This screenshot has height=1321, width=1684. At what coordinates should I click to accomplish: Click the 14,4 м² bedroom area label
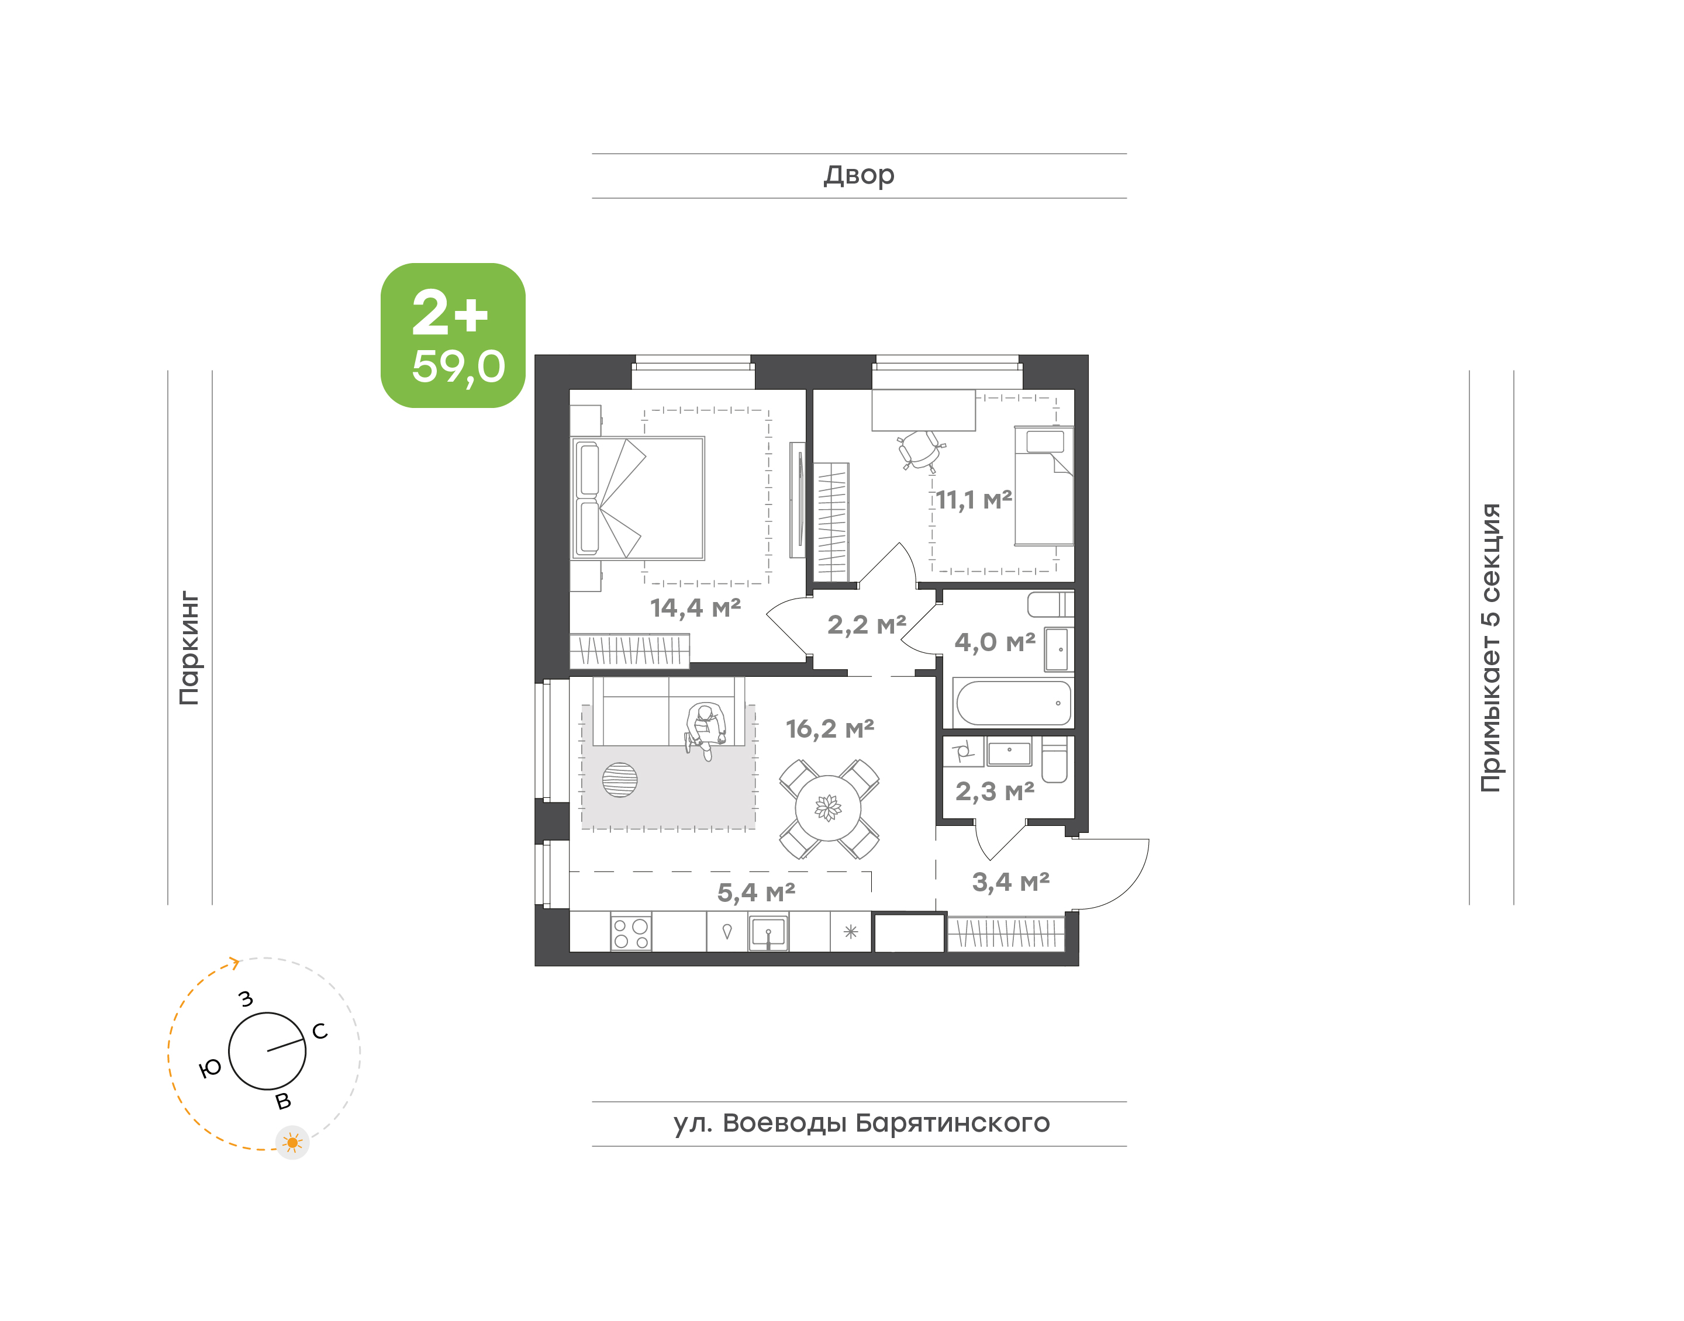click(695, 608)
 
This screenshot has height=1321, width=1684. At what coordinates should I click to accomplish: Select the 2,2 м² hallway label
click(867, 625)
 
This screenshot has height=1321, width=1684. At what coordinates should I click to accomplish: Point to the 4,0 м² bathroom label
click(994, 642)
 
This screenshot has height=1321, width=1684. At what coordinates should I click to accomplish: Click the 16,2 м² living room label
click(829, 728)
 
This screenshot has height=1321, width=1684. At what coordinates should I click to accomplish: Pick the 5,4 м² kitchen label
click(755, 893)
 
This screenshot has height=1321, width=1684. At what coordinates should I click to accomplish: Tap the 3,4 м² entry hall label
click(1010, 881)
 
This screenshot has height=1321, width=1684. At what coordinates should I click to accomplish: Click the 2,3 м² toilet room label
click(994, 791)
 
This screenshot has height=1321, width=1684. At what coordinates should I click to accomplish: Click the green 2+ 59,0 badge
click(453, 336)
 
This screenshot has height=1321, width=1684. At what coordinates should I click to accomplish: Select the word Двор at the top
click(858, 175)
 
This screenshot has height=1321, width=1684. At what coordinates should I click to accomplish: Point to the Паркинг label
click(189, 648)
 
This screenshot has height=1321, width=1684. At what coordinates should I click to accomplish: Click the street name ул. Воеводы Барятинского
click(861, 1123)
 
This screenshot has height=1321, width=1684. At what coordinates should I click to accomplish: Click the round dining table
click(829, 808)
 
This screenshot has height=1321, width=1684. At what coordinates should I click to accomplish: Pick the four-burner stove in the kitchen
click(630, 933)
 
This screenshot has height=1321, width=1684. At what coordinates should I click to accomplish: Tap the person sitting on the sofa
click(706, 730)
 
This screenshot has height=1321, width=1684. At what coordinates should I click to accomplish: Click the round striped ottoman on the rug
click(620, 780)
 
